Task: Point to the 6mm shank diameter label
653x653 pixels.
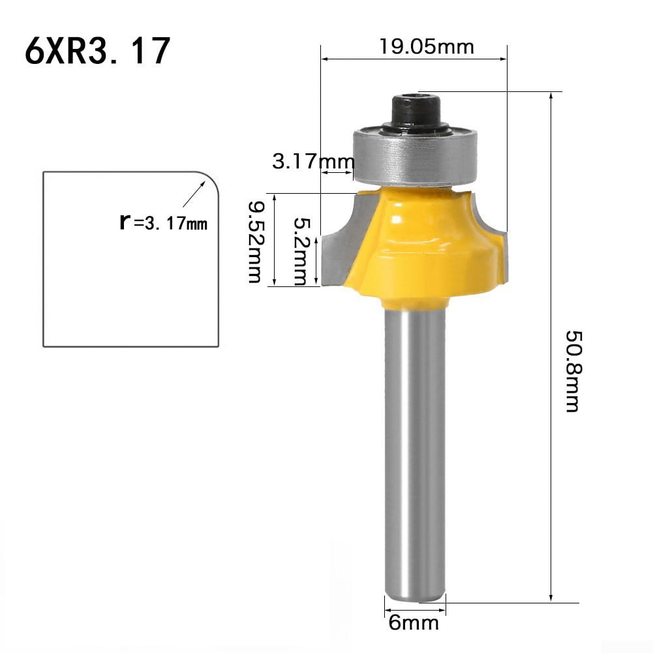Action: [x=414, y=623]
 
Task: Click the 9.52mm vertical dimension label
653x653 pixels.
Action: [x=255, y=241]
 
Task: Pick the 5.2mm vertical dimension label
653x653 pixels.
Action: [x=299, y=252]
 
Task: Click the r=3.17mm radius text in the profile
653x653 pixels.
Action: [x=163, y=222]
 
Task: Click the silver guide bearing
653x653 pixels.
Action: [x=415, y=157]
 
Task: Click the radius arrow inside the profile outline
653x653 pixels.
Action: [x=192, y=195]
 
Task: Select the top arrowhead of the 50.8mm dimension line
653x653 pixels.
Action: [x=553, y=96]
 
